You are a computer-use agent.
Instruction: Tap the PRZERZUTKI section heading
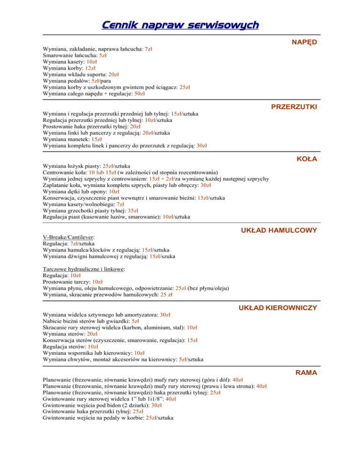click(x=294, y=107)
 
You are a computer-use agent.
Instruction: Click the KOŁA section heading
click(x=307, y=159)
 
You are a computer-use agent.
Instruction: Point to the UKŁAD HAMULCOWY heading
click(x=279, y=230)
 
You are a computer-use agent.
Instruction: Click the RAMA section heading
click(x=306, y=372)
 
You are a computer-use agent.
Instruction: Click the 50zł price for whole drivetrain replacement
click(x=139, y=94)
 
